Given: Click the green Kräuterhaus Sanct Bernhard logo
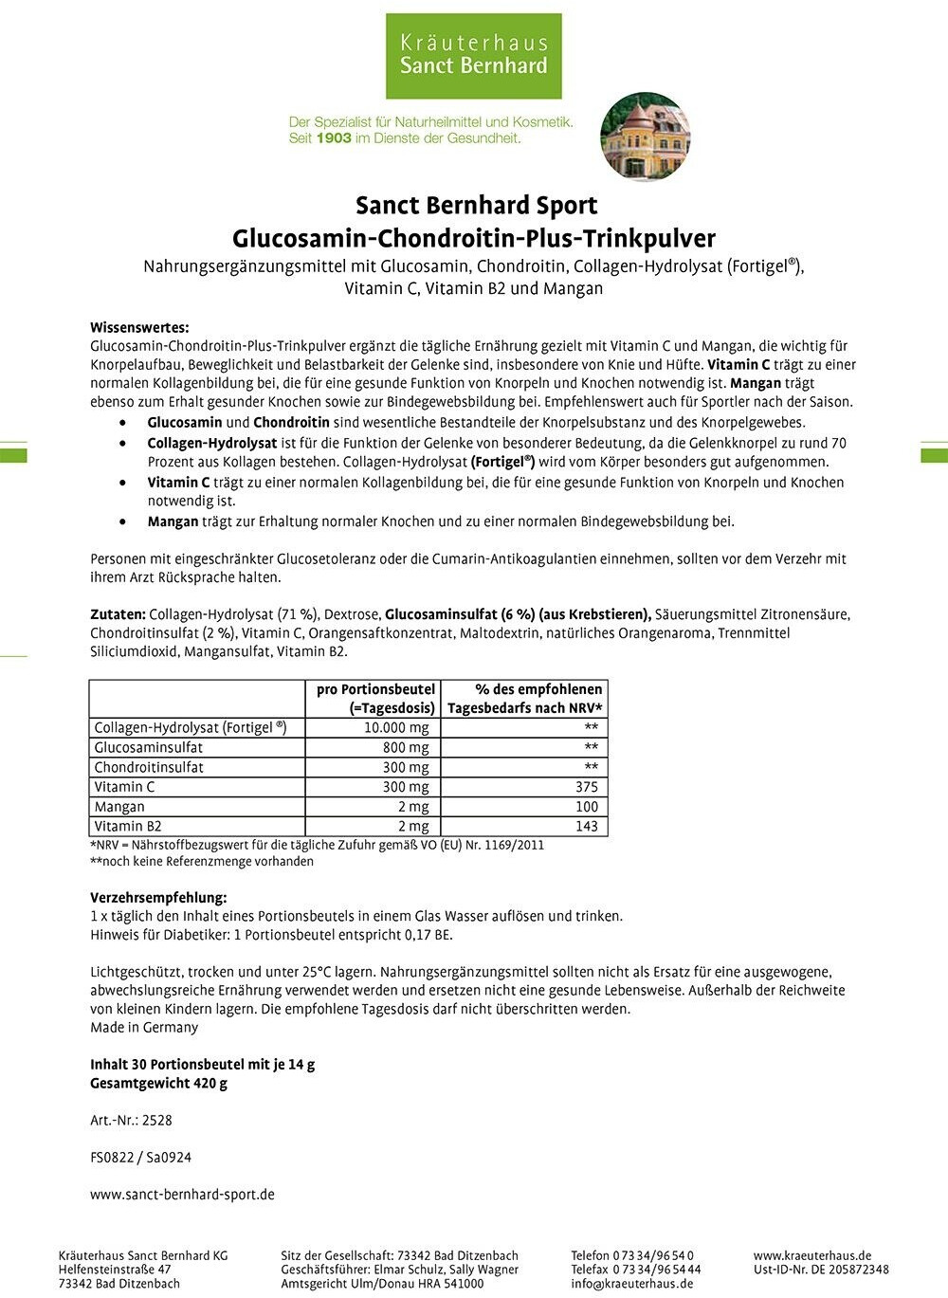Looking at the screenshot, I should coord(473,55).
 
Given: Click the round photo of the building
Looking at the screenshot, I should coord(646,137).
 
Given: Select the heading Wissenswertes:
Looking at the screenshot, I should coord(139,327).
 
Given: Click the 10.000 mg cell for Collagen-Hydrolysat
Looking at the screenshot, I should coord(396,728).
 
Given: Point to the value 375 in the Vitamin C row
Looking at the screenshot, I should coord(587,787).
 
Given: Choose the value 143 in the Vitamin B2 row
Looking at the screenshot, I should coord(587,827).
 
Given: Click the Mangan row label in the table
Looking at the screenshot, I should coord(119,807).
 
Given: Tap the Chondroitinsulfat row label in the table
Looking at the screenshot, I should coord(149,767).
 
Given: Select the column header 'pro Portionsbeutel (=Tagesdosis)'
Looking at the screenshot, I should coord(376,699).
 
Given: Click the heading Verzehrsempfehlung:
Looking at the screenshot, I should coord(158,897).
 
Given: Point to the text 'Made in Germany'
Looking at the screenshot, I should coord(144,1028).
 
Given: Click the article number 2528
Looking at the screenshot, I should coord(157,1121).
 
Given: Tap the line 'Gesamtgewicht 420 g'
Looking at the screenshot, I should coord(158,1083).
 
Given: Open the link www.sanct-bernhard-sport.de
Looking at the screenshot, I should coord(182,1195).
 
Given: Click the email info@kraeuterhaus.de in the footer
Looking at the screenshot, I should coord(631,1284).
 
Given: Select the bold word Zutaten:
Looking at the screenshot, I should coord(118,614).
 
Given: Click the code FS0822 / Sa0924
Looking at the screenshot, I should coord(140,1158).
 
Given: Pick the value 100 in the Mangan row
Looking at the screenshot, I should coord(587,807).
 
